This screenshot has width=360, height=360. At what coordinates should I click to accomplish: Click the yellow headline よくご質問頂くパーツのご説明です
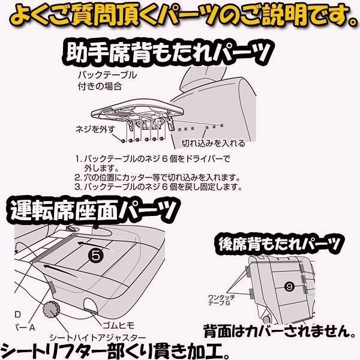(180, 13)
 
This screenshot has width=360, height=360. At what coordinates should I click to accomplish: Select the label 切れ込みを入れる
(214, 143)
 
